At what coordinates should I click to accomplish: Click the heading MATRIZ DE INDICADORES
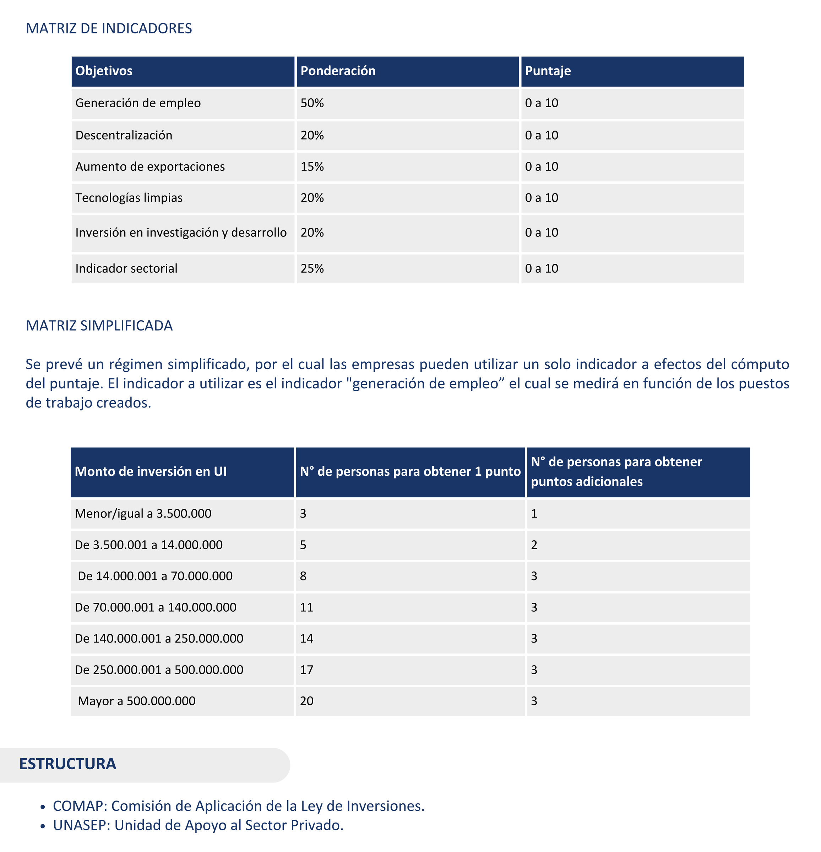tap(109, 29)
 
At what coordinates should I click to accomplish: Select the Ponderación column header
tap(338, 71)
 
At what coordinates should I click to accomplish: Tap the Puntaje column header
tap(548, 71)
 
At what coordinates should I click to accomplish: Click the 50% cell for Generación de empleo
tap(312, 103)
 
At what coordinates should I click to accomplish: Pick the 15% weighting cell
tap(312, 166)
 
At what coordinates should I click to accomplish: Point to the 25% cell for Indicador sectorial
tap(312, 269)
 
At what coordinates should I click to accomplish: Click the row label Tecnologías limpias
tap(129, 198)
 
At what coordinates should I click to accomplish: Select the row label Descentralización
tap(124, 135)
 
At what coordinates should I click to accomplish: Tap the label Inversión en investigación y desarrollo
tap(181, 233)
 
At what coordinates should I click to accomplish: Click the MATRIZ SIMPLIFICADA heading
tap(99, 326)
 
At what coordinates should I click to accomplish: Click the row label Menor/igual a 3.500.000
tap(143, 514)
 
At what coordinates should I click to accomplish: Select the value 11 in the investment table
tap(306, 607)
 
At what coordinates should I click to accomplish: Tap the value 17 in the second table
tap(306, 670)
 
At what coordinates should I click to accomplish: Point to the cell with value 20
tap(306, 701)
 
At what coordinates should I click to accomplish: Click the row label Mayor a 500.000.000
tap(137, 701)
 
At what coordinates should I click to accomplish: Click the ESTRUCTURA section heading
tap(67, 764)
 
